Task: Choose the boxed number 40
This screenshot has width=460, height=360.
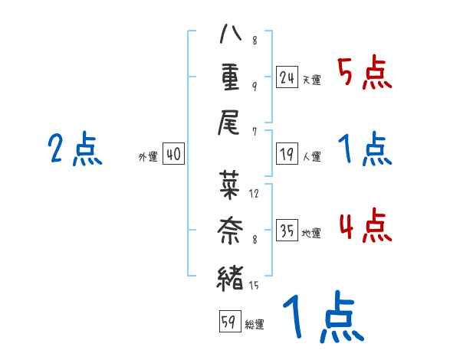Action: point(173,155)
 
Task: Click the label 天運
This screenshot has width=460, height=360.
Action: point(311,80)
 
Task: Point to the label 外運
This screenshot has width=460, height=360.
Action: point(147,157)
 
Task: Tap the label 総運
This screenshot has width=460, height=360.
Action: point(255,324)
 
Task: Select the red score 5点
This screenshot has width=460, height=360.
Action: point(365,74)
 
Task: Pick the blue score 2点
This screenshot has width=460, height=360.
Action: point(74,149)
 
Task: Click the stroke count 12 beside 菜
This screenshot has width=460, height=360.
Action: point(254,193)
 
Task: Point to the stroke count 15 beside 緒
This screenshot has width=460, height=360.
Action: point(254,286)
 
